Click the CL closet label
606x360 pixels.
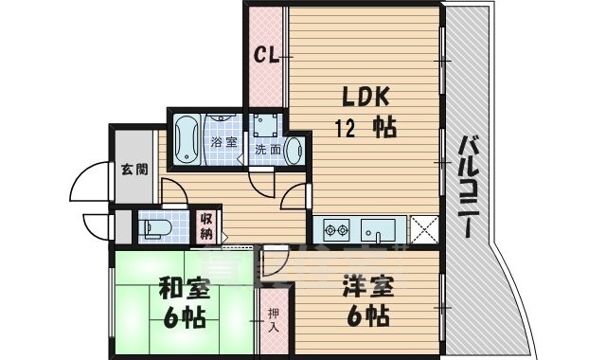click(266, 56)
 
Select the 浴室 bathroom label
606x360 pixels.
click(223, 142)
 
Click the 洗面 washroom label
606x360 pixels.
click(268, 150)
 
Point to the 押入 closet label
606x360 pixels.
click(273, 320)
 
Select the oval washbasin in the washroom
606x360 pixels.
click(294, 150)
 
